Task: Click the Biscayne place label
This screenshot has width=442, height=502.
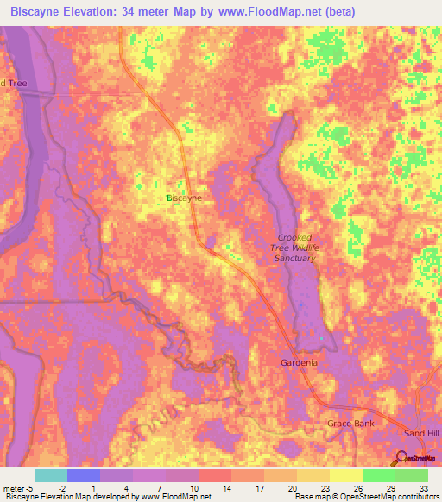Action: [184, 198]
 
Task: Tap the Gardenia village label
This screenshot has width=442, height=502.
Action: [299, 363]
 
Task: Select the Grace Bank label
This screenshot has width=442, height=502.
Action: [350, 424]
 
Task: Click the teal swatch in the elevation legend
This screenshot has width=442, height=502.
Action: [51, 475]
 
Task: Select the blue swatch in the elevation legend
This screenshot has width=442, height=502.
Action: [84, 475]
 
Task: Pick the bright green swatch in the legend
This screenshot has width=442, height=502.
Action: [379, 475]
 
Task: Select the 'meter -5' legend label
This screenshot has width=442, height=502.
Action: [19, 488]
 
